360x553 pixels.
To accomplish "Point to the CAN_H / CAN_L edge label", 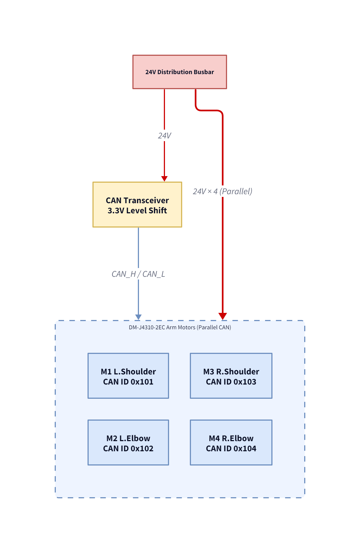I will (x=138, y=274).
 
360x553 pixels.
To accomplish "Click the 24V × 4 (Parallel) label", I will (x=222, y=191).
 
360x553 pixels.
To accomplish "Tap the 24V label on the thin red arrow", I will (x=164, y=136).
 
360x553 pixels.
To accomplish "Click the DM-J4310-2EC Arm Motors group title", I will (x=180, y=327).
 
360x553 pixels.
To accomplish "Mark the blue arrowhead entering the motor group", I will (x=138, y=317).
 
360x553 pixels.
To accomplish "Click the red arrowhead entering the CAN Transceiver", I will (x=164, y=179).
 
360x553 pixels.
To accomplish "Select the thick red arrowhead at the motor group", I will (x=223, y=316).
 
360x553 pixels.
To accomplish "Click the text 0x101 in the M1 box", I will (x=142, y=382).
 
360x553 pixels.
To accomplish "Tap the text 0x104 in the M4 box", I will (x=245, y=449).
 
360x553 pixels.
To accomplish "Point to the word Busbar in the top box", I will (x=204, y=72).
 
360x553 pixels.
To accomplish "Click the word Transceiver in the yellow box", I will (x=146, y=200).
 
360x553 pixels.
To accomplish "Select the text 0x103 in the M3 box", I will (x=245, y=382).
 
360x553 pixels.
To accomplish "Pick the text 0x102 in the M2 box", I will (x=142, y=449).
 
